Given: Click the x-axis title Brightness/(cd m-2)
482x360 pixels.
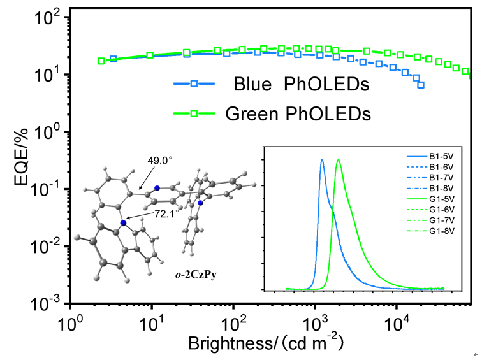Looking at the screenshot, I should pos(266,343).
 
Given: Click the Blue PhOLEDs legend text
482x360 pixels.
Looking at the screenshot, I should pos(284,84).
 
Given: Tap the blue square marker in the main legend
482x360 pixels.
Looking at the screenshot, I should pos(194,83).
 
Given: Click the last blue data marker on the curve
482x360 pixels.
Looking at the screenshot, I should pos(421,85).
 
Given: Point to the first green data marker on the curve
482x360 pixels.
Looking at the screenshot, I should pos(101,61).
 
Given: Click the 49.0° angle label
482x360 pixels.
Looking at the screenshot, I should pos(160,161).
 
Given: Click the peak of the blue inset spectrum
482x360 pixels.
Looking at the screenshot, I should pos(322,160).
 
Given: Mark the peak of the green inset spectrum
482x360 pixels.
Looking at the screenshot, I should pos(338,160).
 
